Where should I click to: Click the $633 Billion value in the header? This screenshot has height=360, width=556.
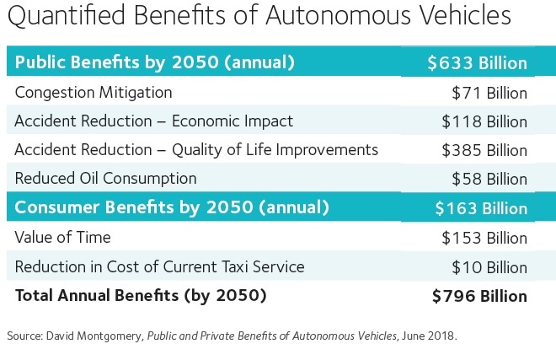[477, 63]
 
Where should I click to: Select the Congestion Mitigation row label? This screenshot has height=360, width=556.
[94, 92]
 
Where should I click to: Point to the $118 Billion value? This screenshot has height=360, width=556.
[484, 121]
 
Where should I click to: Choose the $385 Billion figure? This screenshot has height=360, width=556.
[484, 150]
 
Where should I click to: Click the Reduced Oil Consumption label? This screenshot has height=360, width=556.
[105, 179]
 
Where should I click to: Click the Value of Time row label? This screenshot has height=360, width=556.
[62, 238]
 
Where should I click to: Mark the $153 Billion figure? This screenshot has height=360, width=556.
[484, 238]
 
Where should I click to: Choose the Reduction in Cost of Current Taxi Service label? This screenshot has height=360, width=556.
[159, 266]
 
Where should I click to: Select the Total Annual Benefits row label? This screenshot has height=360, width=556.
[140, 296]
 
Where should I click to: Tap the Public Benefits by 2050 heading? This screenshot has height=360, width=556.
[154, 63]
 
